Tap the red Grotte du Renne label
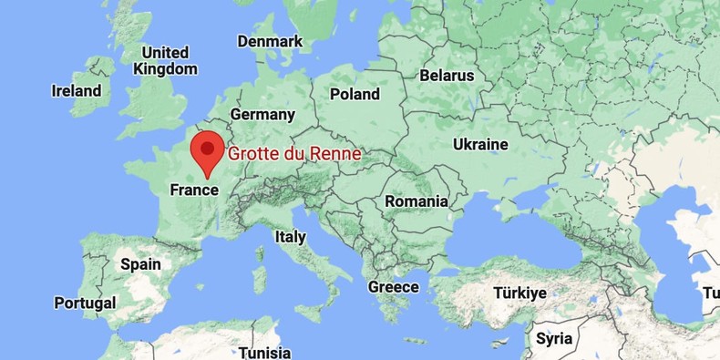pos(293,154)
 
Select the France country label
pos(194,190)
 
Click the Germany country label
pos(262,115)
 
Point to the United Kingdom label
pos(165,60)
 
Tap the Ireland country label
pos(77,91)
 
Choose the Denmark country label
pos(270,42)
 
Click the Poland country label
pos(355,94)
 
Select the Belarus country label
pos(447,76)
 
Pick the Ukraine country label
pos(480,144)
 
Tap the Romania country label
pos(417,201)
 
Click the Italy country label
pos(290,237)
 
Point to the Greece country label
pos(393,287)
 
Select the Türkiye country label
pos(519,293)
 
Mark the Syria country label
pos(554,339)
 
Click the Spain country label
pos(140,264)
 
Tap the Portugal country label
pos(85,303)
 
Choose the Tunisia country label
pos(265,353)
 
